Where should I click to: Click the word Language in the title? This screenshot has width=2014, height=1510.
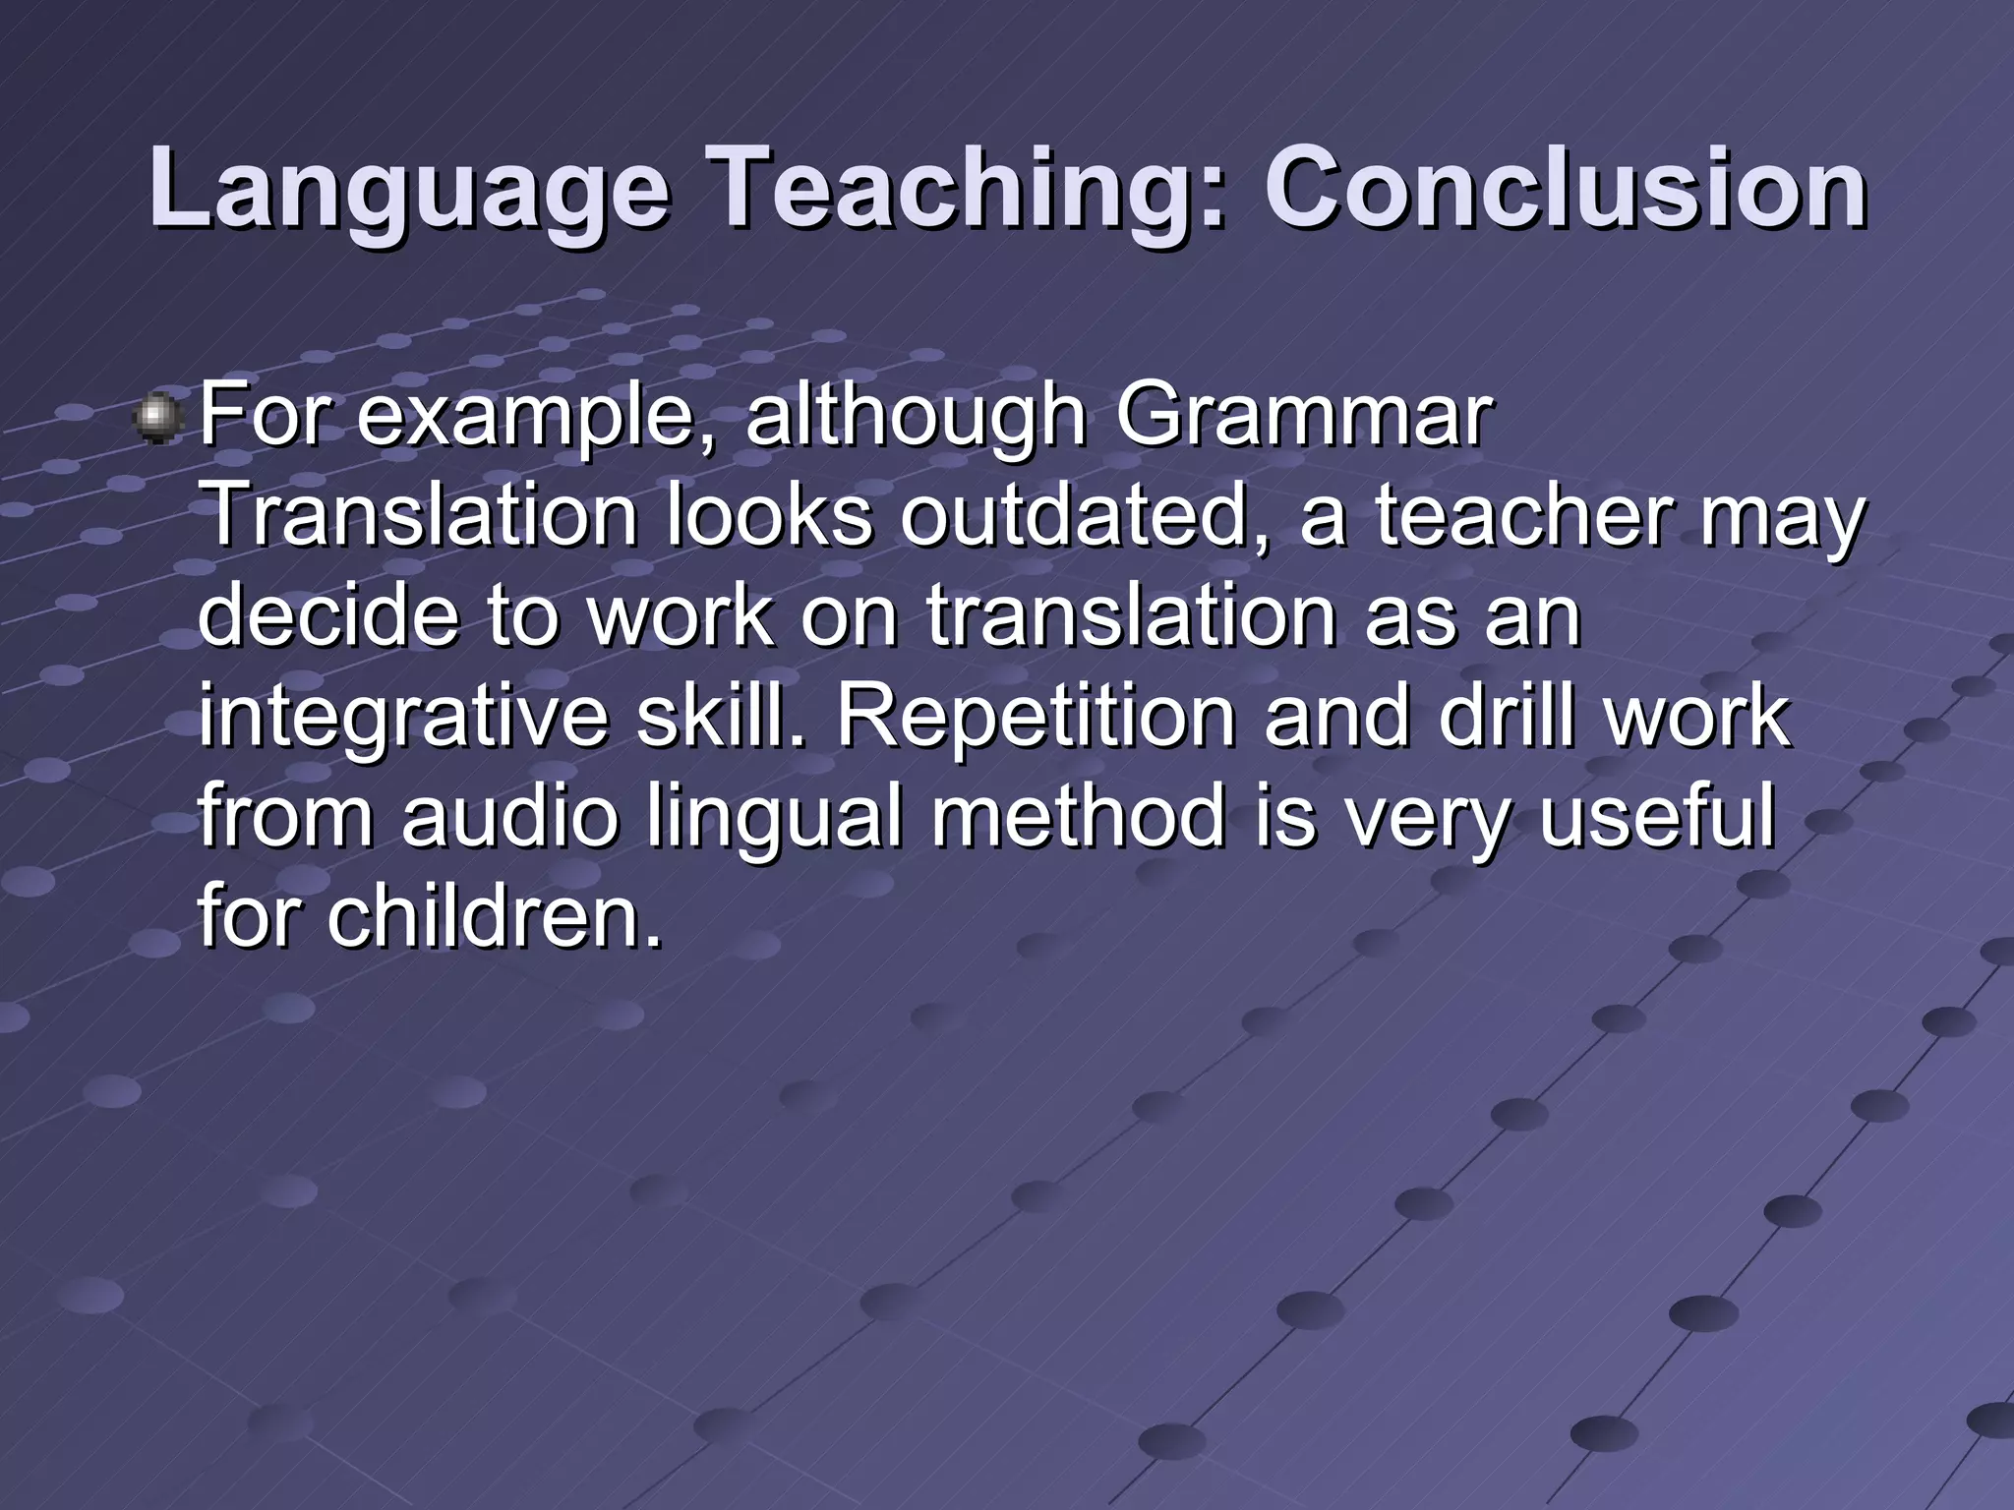click(x=408, y=189)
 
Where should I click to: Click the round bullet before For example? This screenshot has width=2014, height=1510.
click(x=157, y=419)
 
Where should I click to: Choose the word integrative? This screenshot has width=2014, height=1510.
click(x=403, y=720)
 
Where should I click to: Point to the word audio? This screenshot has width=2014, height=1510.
click(x=510, y=818)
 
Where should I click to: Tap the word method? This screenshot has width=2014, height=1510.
click(x=1078, y=818)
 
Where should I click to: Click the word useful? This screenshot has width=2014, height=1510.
click(x=1656, y=818)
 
